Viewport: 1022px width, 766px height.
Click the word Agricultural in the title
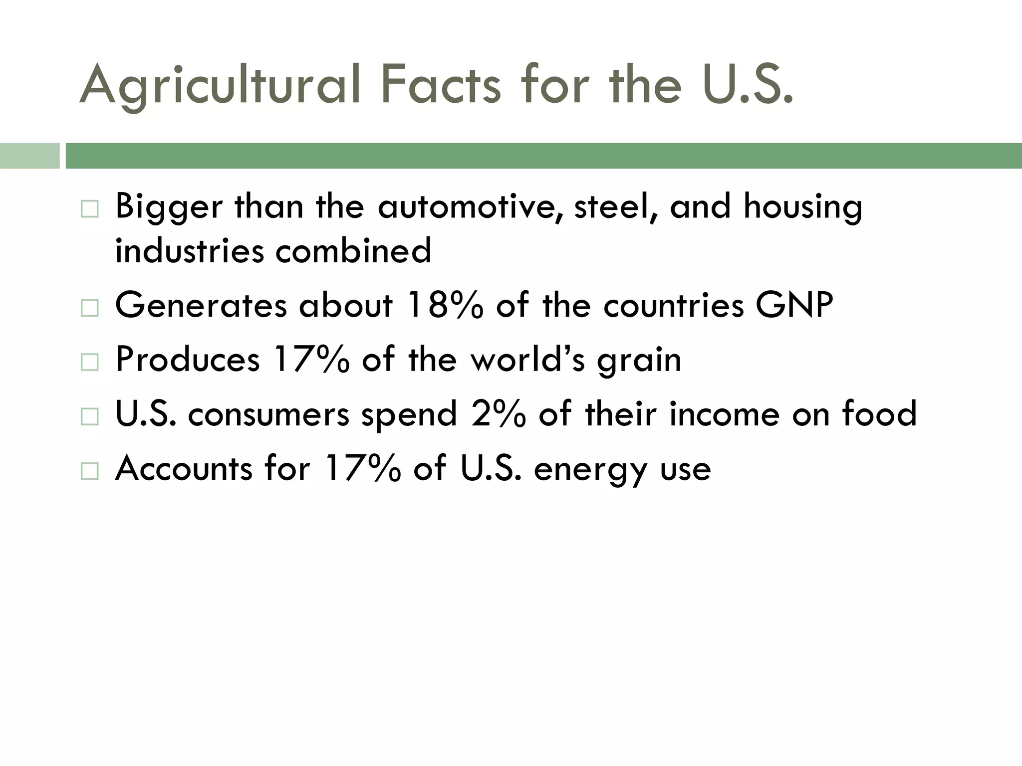(x=220, y=86)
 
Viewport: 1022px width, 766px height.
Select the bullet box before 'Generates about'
(x=89, y=308)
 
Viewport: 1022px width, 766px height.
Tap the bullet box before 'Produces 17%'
(x=89, y=362)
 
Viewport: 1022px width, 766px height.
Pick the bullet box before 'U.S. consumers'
(x=89, y=416)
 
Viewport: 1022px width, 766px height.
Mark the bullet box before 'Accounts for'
(x=89, y=470)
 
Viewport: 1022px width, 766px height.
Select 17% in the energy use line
(x=362, y=468)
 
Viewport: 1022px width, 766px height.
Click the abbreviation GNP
(x=794, y=305)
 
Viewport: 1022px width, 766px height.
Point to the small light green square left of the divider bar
(x=29, y=156)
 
